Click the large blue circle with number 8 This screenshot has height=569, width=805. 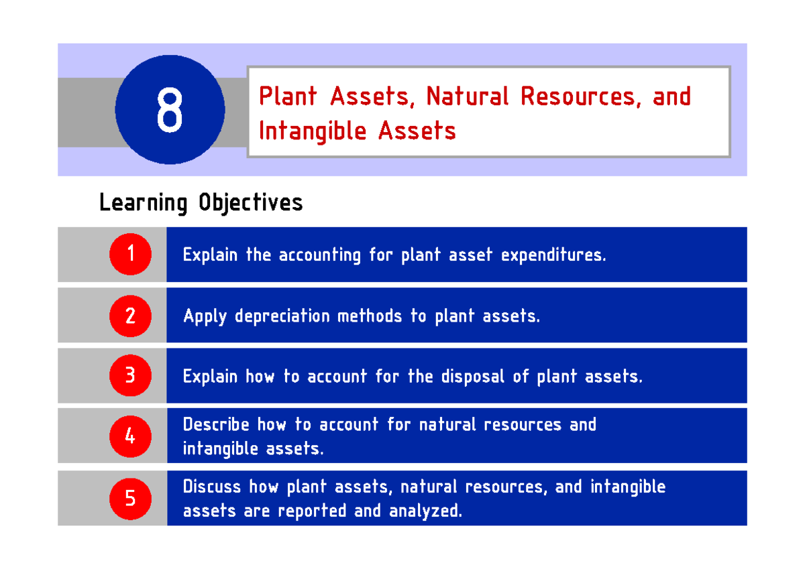[x=170, y=110]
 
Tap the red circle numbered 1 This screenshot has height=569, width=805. [x=130, y=254]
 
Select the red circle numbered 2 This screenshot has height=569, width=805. [x=130, y=315]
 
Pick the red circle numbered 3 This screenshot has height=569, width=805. [x=130, y=376]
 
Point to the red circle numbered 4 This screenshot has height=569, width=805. [x=130, y=436]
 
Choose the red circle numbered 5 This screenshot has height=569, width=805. [x=130, y=498]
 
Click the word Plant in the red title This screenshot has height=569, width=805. [x=288, y=97]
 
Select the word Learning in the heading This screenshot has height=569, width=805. [x=143, y=202]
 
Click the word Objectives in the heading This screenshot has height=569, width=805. [x=250, y=202]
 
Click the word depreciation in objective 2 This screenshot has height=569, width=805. [x=282, y=316]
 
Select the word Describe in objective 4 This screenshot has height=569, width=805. [x=215, y=425]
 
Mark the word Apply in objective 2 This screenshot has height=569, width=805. [x=205, y=316]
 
